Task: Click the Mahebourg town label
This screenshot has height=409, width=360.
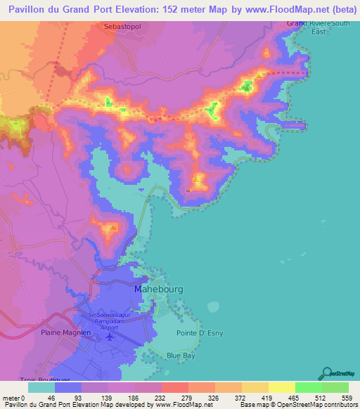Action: [x=155, y=288]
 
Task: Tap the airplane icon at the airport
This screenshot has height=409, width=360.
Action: [x=110, y=337]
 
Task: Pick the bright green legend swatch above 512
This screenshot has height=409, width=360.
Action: [x=308, y=387]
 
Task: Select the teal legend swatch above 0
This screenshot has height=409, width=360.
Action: [x=41, y=387]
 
